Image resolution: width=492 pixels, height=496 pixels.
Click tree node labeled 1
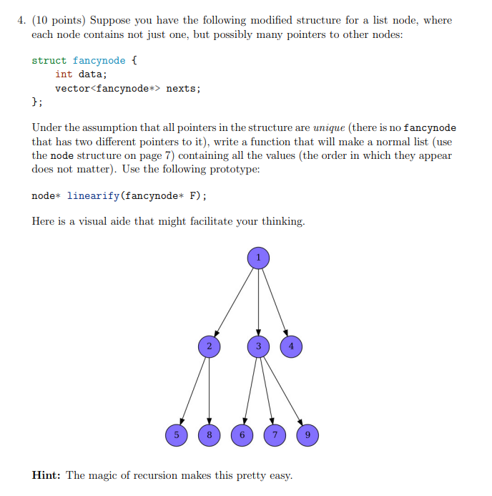click(x=259, y=258)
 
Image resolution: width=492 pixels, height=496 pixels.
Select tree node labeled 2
click(x=209, y=347)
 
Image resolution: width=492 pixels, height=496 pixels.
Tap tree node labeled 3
click(x=259, y=347)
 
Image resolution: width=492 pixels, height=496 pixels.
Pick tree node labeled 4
click(x=290, y=347)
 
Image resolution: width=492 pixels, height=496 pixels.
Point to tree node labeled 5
click(x=174, y=434)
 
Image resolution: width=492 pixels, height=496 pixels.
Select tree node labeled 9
click(x=307, y=434)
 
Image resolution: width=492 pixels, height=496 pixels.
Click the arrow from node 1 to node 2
click(x=234, y=302)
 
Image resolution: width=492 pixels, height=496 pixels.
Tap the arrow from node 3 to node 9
click(x=283, y=391)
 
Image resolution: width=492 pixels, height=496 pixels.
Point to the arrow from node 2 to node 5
click(x=192, y=391)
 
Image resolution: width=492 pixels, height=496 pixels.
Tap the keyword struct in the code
click(x=49, y=61)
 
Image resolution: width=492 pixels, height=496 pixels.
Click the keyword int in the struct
click(x=64, y=74)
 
